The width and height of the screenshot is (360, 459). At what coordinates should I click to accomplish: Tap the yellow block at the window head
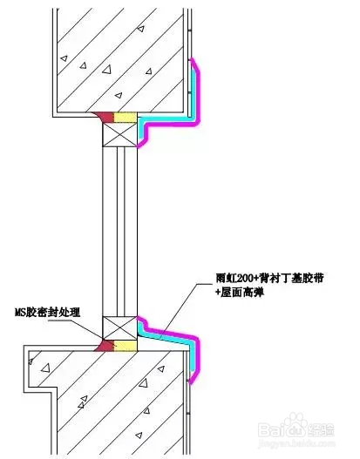[126, 117]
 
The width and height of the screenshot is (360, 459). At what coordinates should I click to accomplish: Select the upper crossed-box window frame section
[120, 134]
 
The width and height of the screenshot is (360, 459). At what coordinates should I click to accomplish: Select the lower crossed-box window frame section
[120, 327]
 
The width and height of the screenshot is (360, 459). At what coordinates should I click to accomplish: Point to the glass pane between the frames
[120, 231]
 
